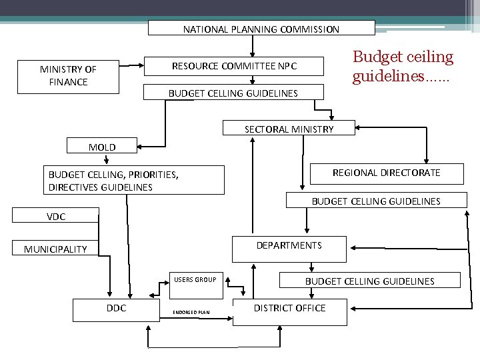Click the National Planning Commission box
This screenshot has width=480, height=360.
pos(261,28)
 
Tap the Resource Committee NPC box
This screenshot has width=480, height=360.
pos(235,66)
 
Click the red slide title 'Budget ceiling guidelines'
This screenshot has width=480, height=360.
pos(403,67)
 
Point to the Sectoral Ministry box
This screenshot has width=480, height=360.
pos(289,129)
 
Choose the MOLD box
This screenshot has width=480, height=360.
pos(102,147)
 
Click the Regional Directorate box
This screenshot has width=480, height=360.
pos(386,173)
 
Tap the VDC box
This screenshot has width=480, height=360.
pos(56,216)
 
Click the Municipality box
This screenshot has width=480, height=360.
pos(55,249)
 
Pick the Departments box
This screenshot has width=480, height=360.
pos(289,246)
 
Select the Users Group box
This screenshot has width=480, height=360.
pos(195,279)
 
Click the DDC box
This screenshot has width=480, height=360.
pos(116,308)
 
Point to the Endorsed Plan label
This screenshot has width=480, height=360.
pos(191,312)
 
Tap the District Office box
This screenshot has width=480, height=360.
pos(289,309)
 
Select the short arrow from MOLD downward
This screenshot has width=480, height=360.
pos(107,159)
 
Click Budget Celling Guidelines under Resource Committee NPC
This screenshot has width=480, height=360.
pos(233,93)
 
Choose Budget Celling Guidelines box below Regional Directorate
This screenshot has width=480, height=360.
pos(376,201)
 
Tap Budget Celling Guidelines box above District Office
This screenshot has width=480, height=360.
pos(369,281)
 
